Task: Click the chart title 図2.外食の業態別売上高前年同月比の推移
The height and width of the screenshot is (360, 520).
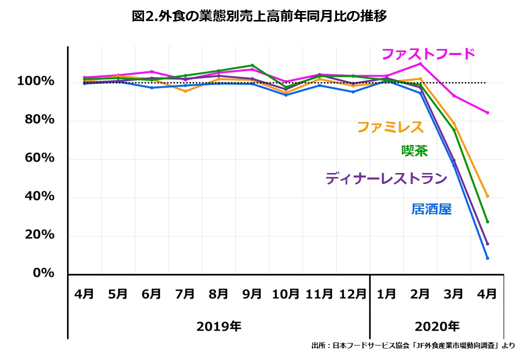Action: [259, 16]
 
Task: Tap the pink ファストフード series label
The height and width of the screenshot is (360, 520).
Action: [428, 54]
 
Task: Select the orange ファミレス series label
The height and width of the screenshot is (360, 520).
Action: [390, 127]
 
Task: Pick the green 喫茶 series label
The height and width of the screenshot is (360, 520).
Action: [414, 151]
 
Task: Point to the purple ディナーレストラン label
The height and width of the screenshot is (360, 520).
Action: [386, 178]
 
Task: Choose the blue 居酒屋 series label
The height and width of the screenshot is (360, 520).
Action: [431, 209]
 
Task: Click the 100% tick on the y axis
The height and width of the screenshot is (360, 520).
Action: [35, 81]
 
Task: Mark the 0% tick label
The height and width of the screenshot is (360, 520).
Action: [43, 273]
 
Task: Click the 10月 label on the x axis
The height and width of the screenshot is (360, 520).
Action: [285, 294]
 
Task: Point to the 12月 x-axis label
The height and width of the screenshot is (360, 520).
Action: [353, 294]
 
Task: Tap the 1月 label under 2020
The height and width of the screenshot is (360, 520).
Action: [386, 294]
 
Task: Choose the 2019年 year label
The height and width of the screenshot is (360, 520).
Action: [218, 327]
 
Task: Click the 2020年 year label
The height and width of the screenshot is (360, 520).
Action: [436, 327]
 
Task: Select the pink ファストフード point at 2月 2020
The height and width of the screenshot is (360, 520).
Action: [420, 63]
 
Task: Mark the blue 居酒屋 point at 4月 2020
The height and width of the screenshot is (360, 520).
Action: [487, 258]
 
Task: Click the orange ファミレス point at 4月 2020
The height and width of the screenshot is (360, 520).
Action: [487, 196]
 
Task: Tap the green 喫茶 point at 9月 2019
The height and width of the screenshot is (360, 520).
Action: [252, 65]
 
